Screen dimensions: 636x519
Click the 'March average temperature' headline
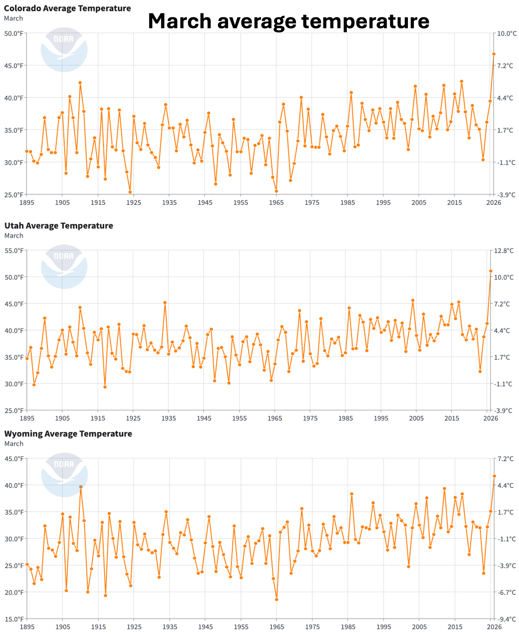pyautogui.click(x=288, y=21)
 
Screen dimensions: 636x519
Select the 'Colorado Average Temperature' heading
pyautogui.click(x=67, y=8)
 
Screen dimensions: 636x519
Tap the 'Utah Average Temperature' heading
pyautogui.click(x=59, y=226)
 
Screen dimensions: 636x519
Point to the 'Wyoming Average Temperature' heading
pyautogui.click(x=68, y=434)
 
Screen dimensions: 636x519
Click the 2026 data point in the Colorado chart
pyautogui.click(x=494, y=54)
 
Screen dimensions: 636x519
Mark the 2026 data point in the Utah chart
pyautogui.click(x=491, y=271)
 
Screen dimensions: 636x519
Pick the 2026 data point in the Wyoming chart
pyautogui.click(x=494, y=476)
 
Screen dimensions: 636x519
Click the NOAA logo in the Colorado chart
pyautogui.click(x=64, y=50)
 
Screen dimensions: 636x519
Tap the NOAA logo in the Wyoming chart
pyautogui.click(x=64, y=475)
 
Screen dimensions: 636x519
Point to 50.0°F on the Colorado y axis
pyautogui.click(x=14, y=34)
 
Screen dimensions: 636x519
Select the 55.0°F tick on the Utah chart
pyautogui.click(x=14, y=251)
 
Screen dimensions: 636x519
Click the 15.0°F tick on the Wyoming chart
pyautogui.click(x=14, y=619)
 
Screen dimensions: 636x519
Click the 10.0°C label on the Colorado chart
pyautogui.click(x=507, y=34)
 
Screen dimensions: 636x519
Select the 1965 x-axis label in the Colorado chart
pyautogui.click(x=276, y=203)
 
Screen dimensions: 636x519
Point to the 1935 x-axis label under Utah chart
pyautogui.click(x=169, y=418)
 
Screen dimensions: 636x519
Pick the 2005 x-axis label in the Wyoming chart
pyautogui.click(x=419, y=627)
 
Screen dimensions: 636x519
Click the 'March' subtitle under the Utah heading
pyautogui.click(x=14, y=236)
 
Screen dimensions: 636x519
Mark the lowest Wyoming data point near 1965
pyautogui.click(x=277, y=599)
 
